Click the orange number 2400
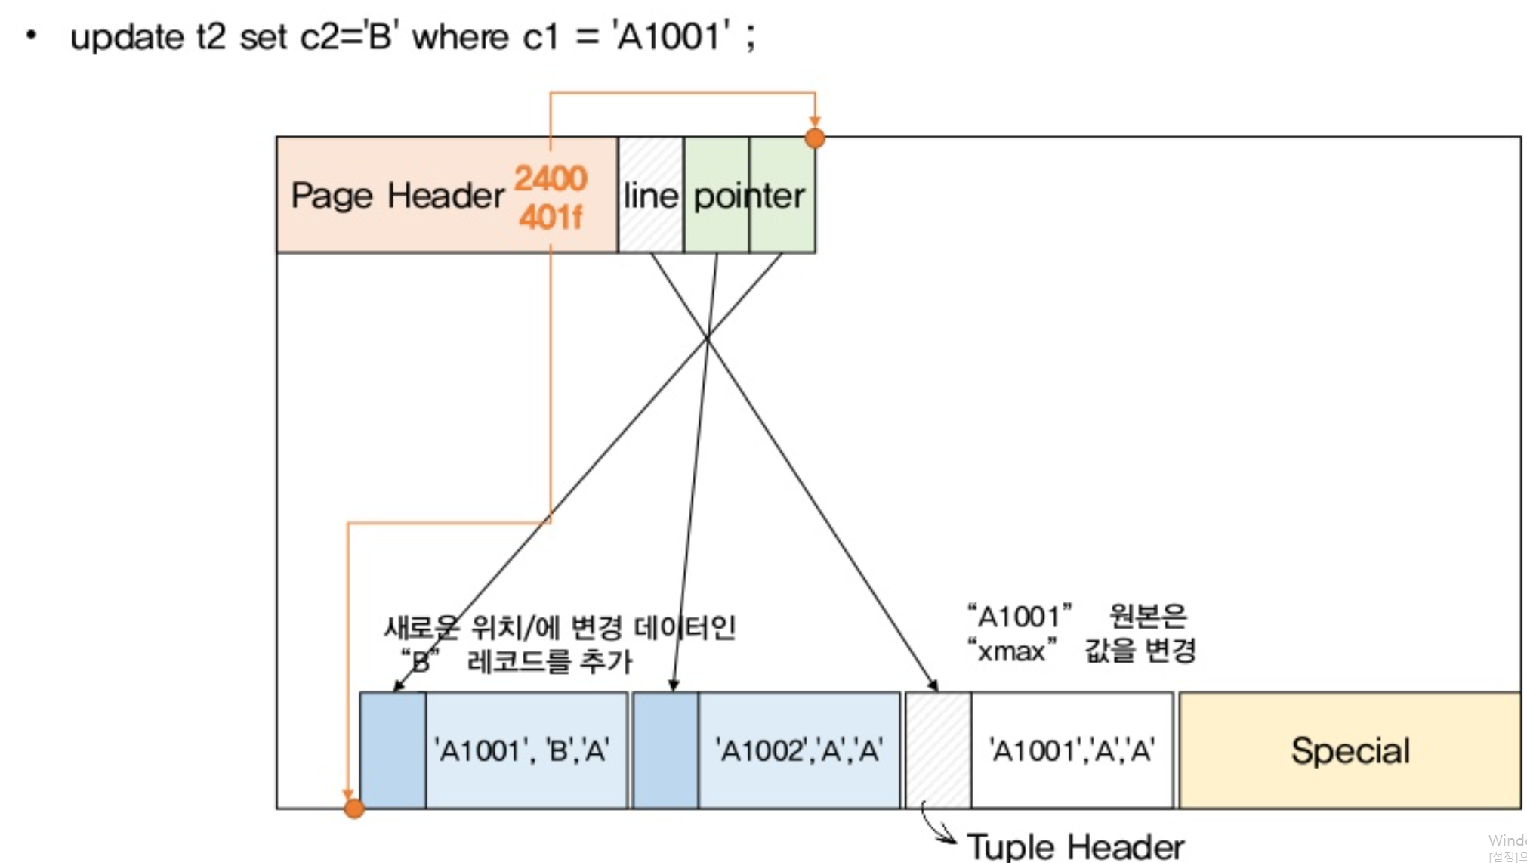pos(551,178)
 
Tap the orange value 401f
pos(551,218)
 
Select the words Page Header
pos(397,196)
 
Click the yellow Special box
pos(1350,750)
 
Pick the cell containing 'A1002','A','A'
pos(799,750)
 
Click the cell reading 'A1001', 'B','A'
pos(526,750)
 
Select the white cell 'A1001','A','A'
pos(1072,750)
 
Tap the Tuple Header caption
pos(1075,846)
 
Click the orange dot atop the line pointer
pos(815,138)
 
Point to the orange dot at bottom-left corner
pos(354,809)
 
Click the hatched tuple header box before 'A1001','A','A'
pos(938,750)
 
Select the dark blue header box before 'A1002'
pos(665,750)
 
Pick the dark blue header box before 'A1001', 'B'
pos(393,750)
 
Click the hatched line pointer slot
pos(651,195)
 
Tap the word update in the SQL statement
pos(127,37)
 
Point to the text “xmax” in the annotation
pos(1011,651)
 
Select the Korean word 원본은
pos(1148,617)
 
